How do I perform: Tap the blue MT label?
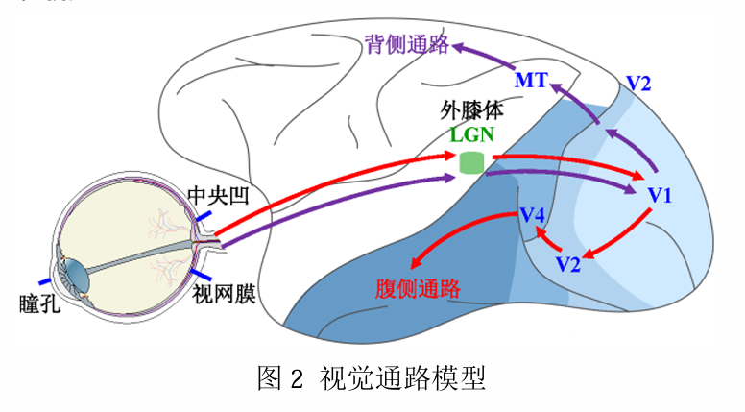pyautogui.click(x=531, y=81)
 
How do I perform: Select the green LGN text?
pyautogui.click(x=472, y=133)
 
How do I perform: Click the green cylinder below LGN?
pyautogui.click(x=471, y=160)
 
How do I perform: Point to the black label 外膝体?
pyautogui.click(x=471, y=109)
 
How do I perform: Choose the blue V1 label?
pyautogui.click(x=661, y=196)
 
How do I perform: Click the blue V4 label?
pyautogui.click(x=533, y=213)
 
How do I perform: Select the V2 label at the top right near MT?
pyautogui.click(x=638, y=83)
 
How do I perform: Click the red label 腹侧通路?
pyautogui.click(x=415, y=289)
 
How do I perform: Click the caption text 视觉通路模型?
pyautogui.click(x=402, y=377)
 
